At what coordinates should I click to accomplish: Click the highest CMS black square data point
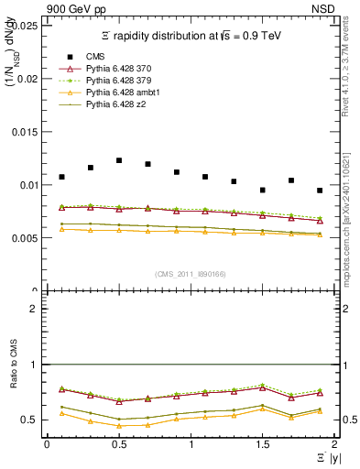pyautogui.click(x=119, y=160)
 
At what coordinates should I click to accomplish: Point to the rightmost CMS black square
pyautogui.click(x=320, y=191)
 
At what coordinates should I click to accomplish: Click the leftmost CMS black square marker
pyautogui.click(x=61, y=177)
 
